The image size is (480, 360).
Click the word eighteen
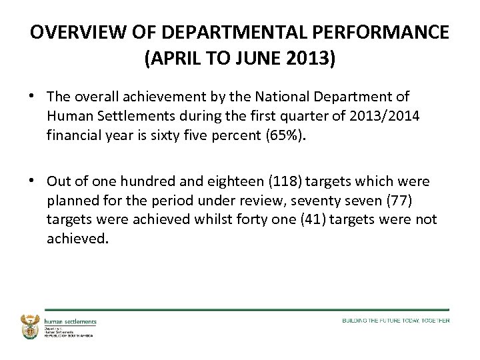[x=217, y=182]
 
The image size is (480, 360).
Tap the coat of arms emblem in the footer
[x=31, y=326]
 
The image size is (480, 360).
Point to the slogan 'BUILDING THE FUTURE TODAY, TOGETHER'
[x=395, y=321]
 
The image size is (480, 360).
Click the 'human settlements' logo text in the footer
[x=70, y=321]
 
